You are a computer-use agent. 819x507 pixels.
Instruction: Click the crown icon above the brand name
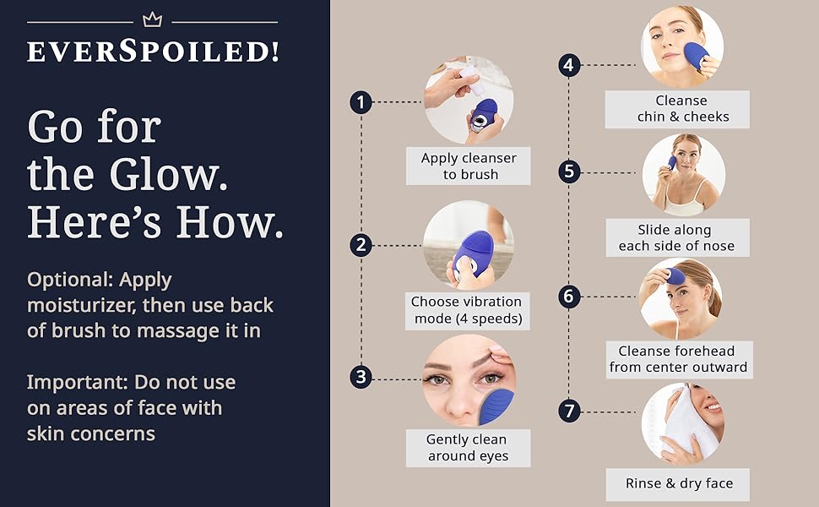click(151, 19)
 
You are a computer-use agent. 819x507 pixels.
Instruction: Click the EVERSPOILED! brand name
click(153, 52)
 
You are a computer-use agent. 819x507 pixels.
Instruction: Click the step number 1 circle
click(361, 103)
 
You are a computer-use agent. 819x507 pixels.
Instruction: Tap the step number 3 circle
click(361, 377)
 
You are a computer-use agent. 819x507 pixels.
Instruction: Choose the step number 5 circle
click(570, 172)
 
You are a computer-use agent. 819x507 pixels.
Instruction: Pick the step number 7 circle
click(570, 412)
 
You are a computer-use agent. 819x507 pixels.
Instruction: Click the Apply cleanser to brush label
click(469, 166)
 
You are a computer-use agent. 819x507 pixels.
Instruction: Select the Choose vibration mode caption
click(467, 310)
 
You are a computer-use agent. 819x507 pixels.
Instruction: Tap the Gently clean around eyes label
click(467, 448)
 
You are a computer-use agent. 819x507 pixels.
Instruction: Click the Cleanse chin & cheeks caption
click(677, 109)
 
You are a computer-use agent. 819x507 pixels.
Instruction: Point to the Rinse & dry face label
click(679, 483)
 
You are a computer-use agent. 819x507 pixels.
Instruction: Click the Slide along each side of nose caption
click(676, 238)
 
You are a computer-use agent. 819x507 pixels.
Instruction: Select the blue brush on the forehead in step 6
click(675, 276)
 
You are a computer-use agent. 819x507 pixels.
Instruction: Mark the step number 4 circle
click(570, 65)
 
